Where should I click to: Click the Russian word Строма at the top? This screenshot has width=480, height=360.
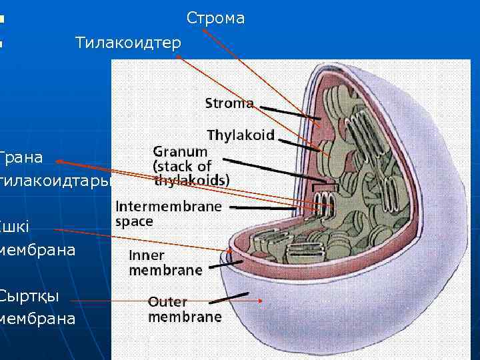point(215,18)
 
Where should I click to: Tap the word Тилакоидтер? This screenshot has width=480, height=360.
point(128,43)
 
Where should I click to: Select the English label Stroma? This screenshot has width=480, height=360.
point(229,103)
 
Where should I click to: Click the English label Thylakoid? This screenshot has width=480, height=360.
point(241,135)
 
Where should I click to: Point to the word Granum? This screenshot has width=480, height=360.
point(180,151)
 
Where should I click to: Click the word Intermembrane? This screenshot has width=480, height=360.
point(169,207)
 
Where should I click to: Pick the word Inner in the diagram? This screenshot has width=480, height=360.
point(146,255)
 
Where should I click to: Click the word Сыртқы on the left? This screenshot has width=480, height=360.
point(29,295)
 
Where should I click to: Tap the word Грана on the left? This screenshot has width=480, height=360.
point(21,158)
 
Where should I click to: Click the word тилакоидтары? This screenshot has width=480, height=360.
point(53,181)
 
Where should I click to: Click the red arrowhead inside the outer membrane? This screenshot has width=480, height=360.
point(262,301)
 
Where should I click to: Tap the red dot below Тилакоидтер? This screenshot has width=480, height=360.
point(178,57)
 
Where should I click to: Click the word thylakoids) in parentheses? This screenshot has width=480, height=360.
point(192,180)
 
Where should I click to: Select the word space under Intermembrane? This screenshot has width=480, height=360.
point(134,221)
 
